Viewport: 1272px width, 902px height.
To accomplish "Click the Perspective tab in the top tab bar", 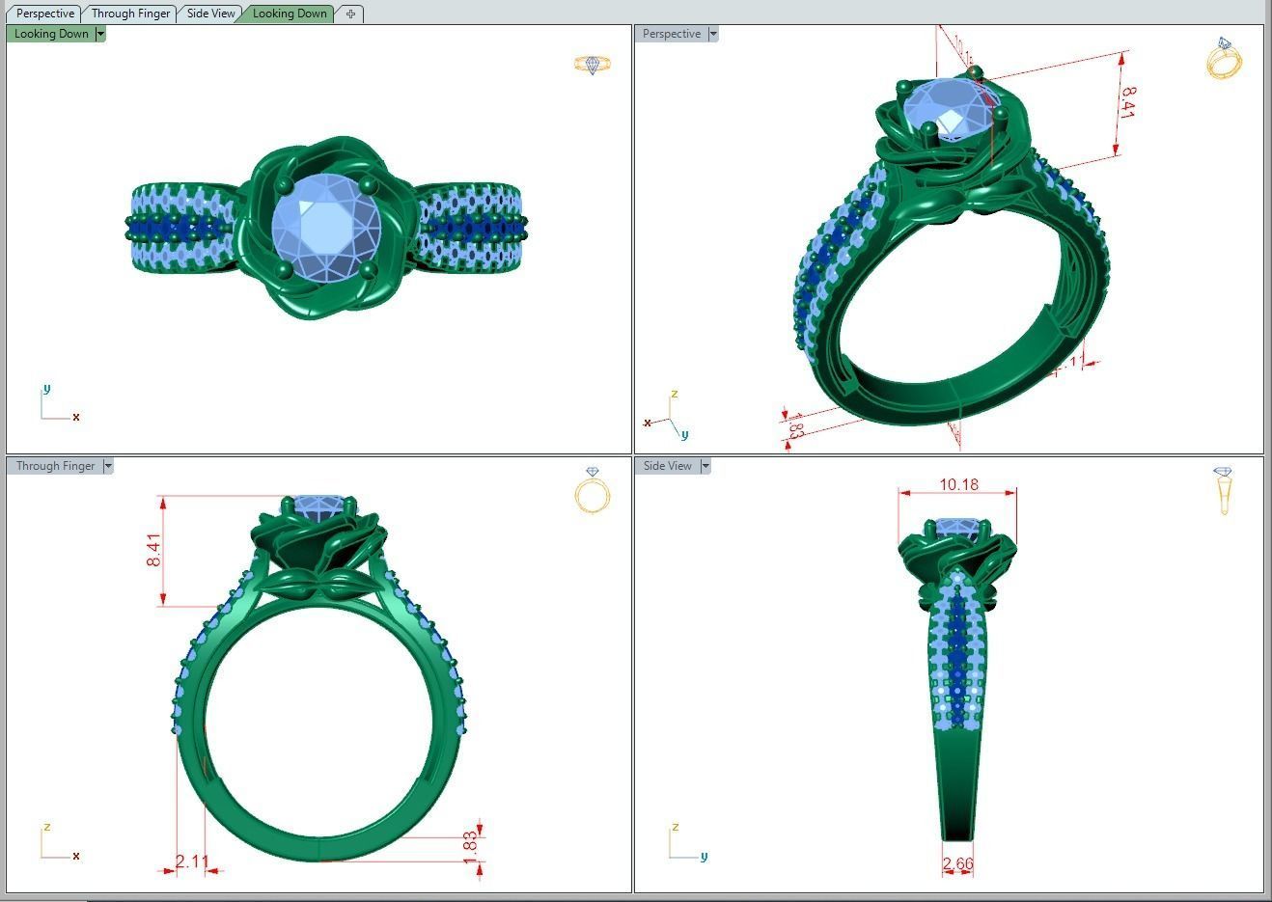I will pyautogui.click(x=45, y=14).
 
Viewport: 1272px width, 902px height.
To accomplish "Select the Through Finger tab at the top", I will pyautogui.click(x=130, y=14).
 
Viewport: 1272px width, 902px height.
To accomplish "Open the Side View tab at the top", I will pyautogui.click(x=210, y=14).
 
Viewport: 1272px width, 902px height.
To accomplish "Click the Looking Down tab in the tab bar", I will pyautogui.click(x=289, y=14).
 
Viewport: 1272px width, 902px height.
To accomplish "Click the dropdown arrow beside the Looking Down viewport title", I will pyautogui.click(x=100, y=34).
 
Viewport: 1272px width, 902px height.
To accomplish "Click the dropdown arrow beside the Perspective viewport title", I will pyautogui.click(x=713, y=34).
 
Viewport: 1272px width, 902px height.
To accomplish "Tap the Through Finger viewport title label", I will pyautogui.click(x=55, y=466).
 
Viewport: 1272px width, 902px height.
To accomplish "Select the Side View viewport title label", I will pyautogui.click(x=667, y=466).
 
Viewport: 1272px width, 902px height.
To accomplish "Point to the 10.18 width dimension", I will pyautogui.click(x=958, y=484).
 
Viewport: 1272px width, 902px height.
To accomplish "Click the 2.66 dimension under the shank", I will pyautogui.click(x=957, y=863).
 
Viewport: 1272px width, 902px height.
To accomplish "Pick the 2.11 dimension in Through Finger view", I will pyautogui.click(x=192, y=861).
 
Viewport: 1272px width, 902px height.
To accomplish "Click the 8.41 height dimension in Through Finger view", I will pyautogui.click(x=154, y=550).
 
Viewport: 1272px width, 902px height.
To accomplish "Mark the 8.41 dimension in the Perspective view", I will pyautogui.click(x=1126, y=102).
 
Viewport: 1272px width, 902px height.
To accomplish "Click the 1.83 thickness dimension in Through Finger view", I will pyautogui.click(x=470, y=842).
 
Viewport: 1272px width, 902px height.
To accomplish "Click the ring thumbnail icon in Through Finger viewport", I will pyautogui.click(x=592, y=490).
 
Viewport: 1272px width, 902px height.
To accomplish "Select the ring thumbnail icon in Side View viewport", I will pyautogui.click(x=1224, y=490).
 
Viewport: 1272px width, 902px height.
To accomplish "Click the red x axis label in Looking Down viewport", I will pyautogui.click(x=75, y=418).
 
